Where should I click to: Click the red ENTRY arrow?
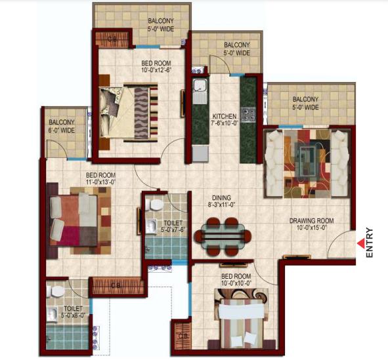(361, 243)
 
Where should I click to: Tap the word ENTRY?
(369, 243)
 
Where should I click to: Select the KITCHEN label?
(225, 116)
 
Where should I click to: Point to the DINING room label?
(221, 197)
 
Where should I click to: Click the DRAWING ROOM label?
(312, 220)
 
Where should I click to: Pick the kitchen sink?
(200, 90)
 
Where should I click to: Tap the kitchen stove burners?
(248, 114)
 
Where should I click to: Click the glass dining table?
(223, 236)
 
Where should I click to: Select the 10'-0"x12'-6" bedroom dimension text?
(156, 70)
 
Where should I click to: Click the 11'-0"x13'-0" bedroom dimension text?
(100, 182)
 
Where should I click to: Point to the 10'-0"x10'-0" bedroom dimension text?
(236, 283)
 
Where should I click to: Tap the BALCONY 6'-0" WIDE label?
(62, 126)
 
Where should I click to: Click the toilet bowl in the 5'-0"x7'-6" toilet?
(155, 205)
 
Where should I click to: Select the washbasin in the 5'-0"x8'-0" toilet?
(53, 314)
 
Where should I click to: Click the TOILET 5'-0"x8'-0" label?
(74, 312)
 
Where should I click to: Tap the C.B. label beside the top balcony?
(112, 39)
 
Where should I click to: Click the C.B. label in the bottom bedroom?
(183, 336)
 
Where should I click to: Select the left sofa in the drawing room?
(274, 164)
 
